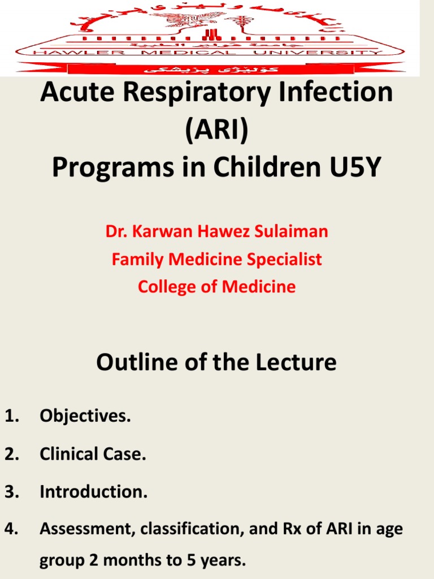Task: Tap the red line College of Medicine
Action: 217,287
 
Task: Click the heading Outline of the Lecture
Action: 216,362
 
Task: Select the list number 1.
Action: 12,417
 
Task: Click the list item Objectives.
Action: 85,417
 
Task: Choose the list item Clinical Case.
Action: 93,455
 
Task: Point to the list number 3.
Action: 12,492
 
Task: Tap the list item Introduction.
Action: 93,492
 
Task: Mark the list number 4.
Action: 12,529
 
